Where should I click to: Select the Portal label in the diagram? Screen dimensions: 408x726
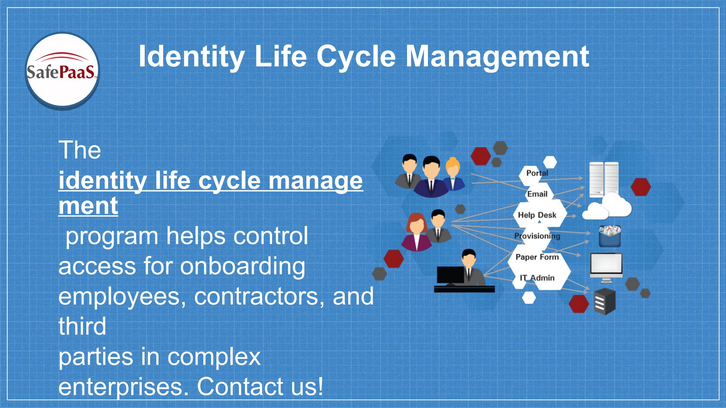pyautogui.click(x=537, y=173)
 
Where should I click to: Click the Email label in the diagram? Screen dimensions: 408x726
pyautogui.click(x=537, y=194)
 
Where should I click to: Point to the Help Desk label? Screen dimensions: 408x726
pyautogui.click(x=537, y=215)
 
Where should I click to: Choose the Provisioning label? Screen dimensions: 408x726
pyautogui.click(x=537, y=236)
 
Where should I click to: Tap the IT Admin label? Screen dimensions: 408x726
pyautogui.click(x=537, y=278)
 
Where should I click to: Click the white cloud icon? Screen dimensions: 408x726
pyautogui.click(x=608, y=207)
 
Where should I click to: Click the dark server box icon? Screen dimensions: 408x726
pyautogui.click(x=605, y=302)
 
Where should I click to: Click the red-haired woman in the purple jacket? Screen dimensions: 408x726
pyautogui.click(x=416, y=232)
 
